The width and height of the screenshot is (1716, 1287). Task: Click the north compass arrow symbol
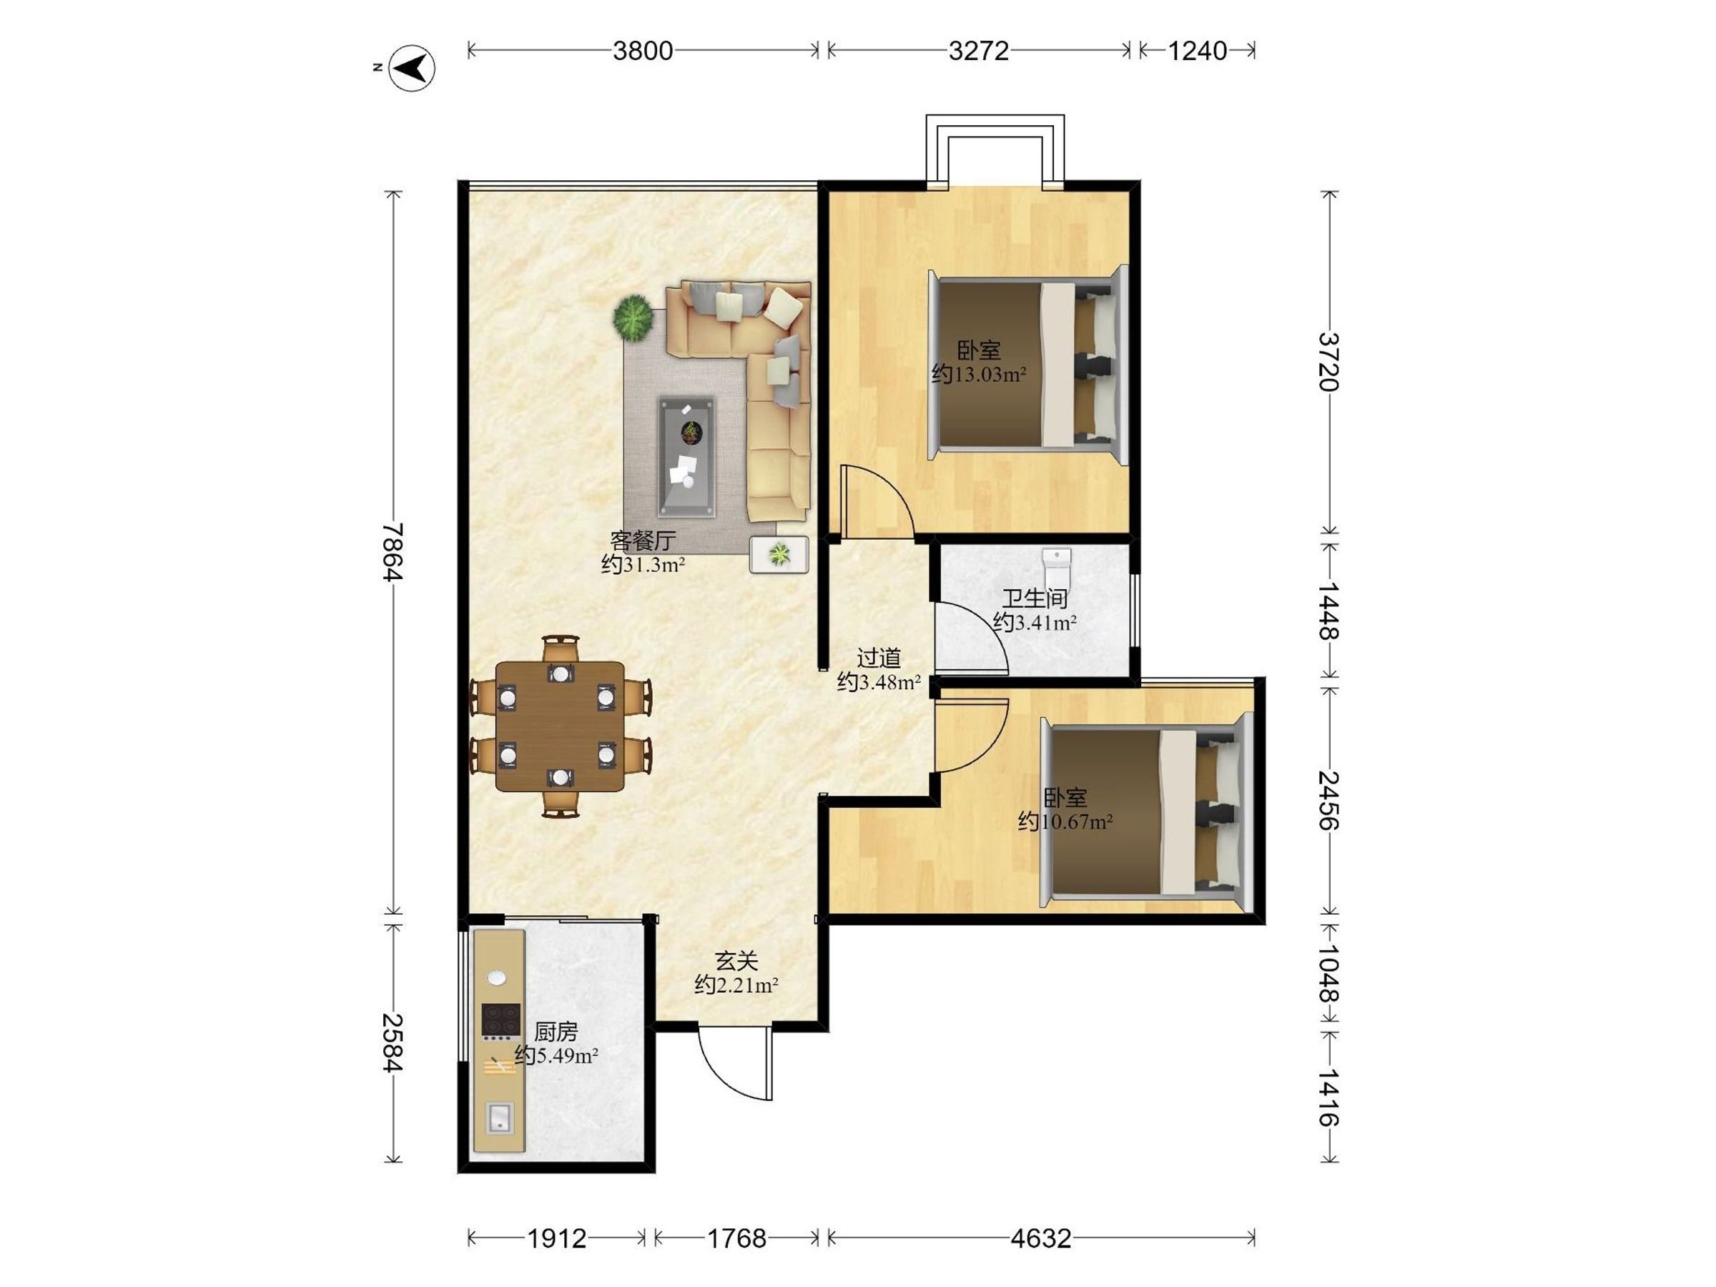coord(411,68)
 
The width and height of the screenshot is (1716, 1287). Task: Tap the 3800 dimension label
coord(642,51)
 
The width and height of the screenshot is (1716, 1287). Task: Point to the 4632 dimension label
coord(1040,1239)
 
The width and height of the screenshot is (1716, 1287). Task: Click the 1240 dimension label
coord(1197,51)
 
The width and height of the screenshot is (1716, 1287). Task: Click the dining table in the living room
coord(560,726)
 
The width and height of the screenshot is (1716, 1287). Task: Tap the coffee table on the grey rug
coord(686,457)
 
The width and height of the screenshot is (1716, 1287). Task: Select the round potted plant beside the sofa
coord(633,317)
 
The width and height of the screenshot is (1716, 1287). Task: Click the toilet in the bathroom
coord(1057,568)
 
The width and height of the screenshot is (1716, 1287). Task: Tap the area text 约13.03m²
coord(979,375)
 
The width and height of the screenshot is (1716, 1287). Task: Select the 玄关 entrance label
coord(736,961)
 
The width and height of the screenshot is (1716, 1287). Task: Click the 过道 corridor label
coord(879,658)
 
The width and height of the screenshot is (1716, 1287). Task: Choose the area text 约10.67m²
coord(1066,821)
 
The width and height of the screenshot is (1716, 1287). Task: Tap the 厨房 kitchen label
coord(556,1032)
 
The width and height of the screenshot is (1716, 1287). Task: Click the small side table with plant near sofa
coord(779,555)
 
